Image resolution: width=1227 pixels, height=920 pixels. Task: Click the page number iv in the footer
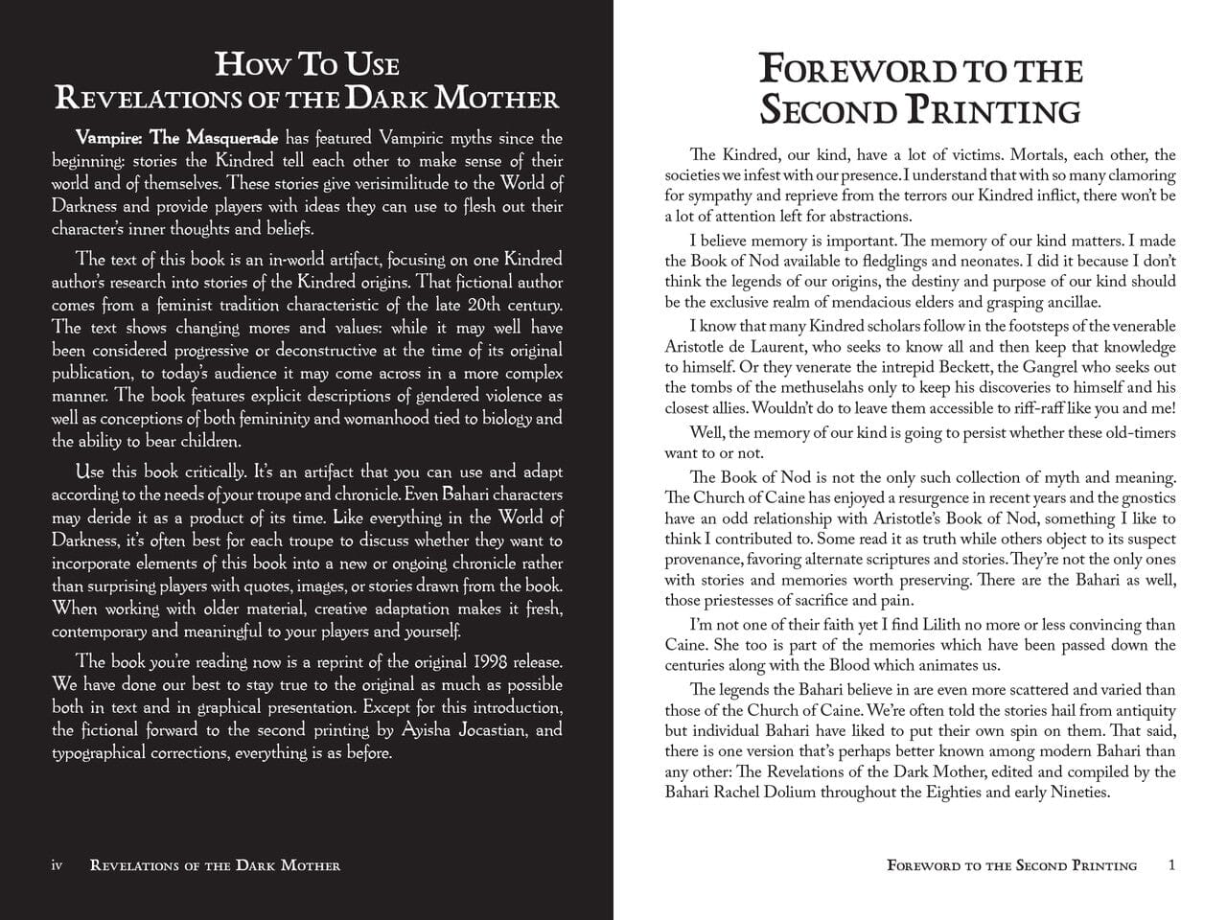[57, 865]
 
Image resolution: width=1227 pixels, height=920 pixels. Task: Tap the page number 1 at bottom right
[1171, 865]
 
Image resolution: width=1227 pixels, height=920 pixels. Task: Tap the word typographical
[100, 753]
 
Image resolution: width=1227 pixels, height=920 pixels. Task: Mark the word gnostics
[1146, 497]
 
